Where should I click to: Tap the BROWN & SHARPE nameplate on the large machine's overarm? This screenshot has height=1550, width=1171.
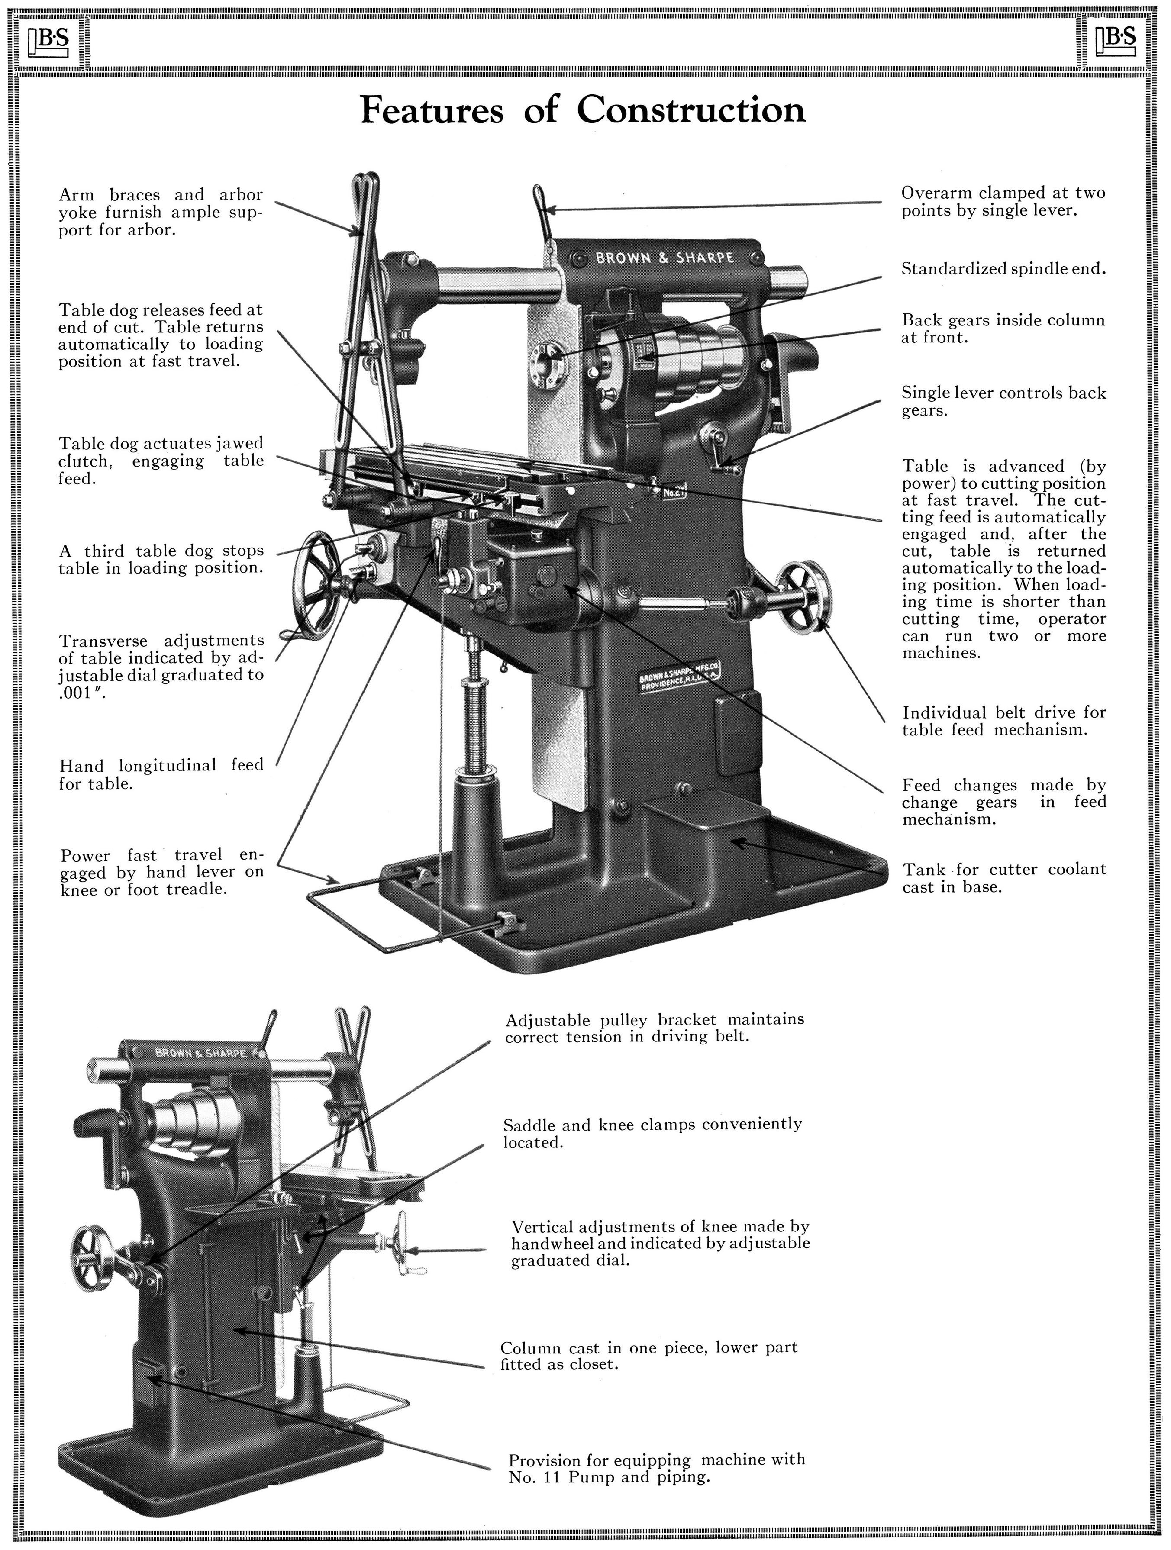click(665, 258)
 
